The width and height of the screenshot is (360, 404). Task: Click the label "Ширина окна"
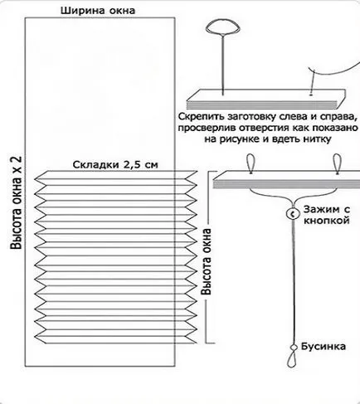click(x=98, y=11)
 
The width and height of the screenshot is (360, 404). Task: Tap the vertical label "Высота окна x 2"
click(x=16, y=203)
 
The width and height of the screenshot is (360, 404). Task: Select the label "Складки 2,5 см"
click(x=115, y=165)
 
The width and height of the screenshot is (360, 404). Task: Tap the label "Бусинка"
click(x=324, y=347)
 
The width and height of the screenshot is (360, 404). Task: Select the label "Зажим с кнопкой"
click(x=327, y=215)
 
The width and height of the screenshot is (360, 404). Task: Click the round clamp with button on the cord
click(x=293, y=213)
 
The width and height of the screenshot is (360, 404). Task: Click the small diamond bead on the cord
click(x=294, y=347)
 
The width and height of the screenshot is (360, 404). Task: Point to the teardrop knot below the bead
click(x=292, y=360)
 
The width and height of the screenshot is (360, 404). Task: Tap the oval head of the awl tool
click(x=223, y=27)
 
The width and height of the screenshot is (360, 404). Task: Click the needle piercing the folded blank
click(x=312, y=82)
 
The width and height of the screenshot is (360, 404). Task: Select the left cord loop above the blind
click(x=251, y=163)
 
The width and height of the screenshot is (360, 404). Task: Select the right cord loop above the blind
click(x=337, y=163)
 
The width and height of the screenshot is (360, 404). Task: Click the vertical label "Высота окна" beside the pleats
click(x=207, y=261)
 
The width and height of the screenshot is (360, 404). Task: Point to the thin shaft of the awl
click(x=223, y=65)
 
